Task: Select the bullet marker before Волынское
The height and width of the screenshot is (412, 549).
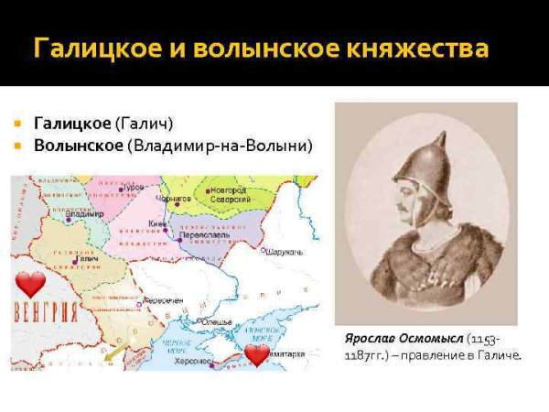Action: pos(17,145)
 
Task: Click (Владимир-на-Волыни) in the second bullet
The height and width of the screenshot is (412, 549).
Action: pos(220,145)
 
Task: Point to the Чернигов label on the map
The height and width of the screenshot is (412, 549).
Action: pos(175,197)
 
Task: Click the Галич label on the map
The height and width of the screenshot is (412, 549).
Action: pos(88,259)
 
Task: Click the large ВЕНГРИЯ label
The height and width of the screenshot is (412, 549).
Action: pos(46,309)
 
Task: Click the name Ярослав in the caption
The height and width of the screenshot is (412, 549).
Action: pos(361,341)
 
